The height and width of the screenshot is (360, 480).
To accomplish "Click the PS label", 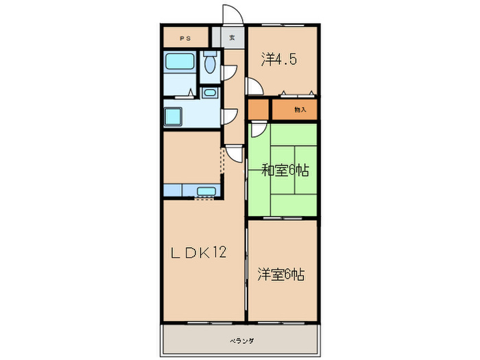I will tap(184, 38).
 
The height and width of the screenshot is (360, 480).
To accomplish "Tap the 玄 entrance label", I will tap(232, 38).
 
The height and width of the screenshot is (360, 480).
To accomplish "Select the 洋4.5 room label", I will tap(278, 60).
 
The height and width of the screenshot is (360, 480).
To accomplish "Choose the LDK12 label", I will tap(198, 252).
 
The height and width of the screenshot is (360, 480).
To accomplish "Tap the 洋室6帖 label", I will tap(281, 274).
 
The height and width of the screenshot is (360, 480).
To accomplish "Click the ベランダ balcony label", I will tap(241, 340).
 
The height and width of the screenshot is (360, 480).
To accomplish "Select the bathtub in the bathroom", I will tap(180, 63).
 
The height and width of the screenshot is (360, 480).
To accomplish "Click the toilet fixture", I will tap(210, 64).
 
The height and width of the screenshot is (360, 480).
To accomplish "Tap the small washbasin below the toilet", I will tap(210, 93).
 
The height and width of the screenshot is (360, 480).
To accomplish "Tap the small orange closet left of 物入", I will tap(259, 109).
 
